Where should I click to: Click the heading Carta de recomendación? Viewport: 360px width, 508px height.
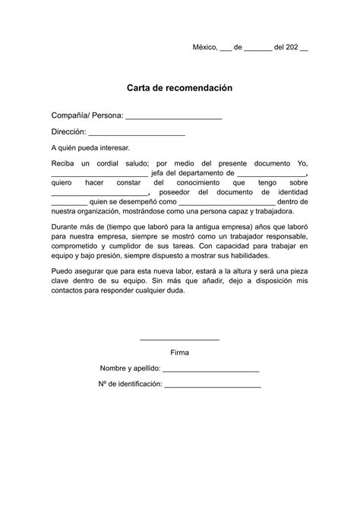click(179, 88)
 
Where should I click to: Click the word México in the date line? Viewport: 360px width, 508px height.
click(204, 47)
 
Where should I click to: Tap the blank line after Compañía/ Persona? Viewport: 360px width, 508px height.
click(173, 117)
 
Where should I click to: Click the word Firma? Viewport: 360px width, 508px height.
click(180, 352)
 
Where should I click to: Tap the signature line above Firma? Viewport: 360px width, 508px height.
click(180, 339)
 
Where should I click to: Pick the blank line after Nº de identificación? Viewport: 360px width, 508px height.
click(213, 387)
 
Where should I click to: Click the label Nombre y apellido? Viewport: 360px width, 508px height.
click(130, 369)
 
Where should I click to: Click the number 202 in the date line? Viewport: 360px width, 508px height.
click(290, 47)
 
